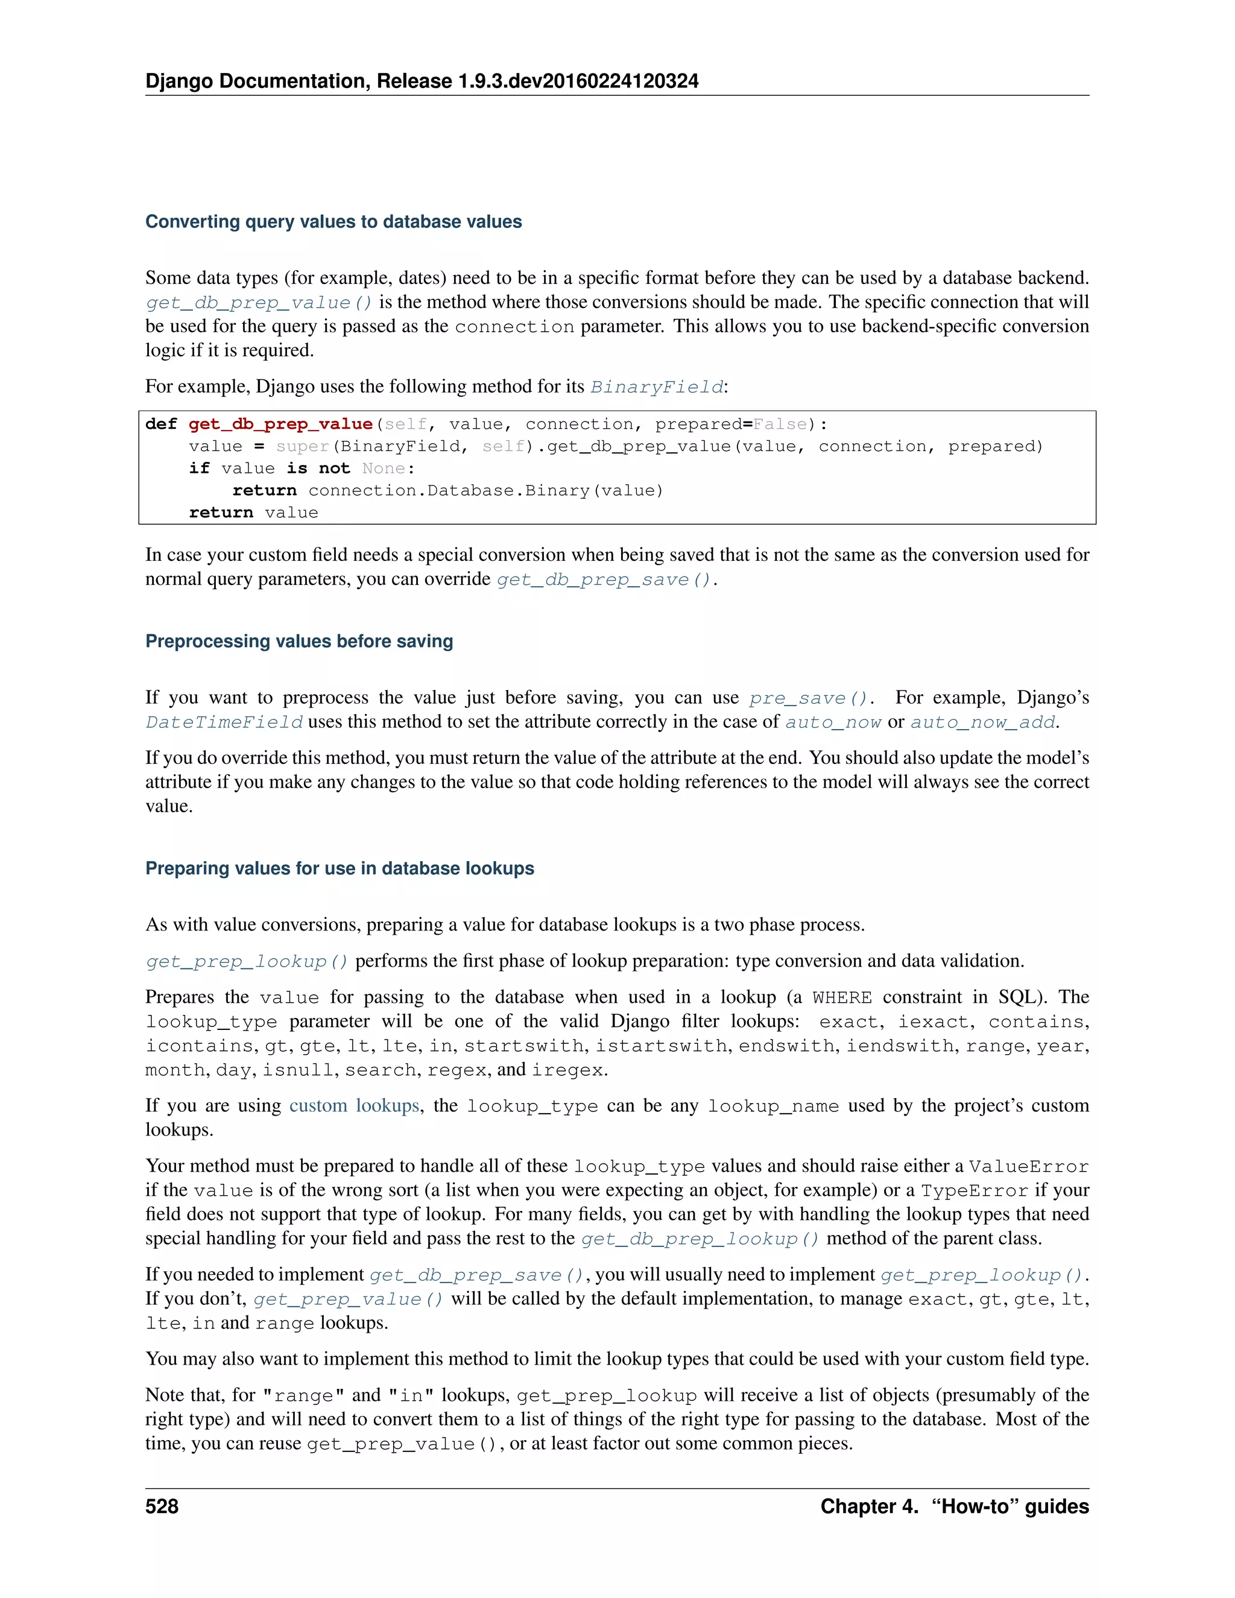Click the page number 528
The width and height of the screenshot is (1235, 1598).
point(162,1506)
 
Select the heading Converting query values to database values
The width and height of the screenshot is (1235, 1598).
point(333,222)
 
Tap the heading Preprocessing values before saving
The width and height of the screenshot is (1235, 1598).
point(299,641)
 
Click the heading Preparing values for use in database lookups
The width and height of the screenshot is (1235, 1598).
point(340,868)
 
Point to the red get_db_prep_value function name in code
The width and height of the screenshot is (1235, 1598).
point(280,425)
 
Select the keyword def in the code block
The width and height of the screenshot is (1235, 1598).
point(161,425)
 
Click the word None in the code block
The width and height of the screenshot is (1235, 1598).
point(384,469)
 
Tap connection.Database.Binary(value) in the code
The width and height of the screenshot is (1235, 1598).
point(485,490)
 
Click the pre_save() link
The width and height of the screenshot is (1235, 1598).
point(807,698)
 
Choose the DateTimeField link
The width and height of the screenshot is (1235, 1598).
point(224,723)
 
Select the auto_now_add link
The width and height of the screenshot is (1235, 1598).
point(982,723)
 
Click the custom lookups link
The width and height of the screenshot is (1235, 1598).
point(354,1105)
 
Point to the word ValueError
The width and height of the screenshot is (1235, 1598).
point(1028,1166)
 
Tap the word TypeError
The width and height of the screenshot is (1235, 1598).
point(974,1190)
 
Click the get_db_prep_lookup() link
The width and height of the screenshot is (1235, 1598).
point(700,1239)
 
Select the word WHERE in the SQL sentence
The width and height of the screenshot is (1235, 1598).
point(841,998)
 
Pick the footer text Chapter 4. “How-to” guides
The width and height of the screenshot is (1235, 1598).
point(954,1506)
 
